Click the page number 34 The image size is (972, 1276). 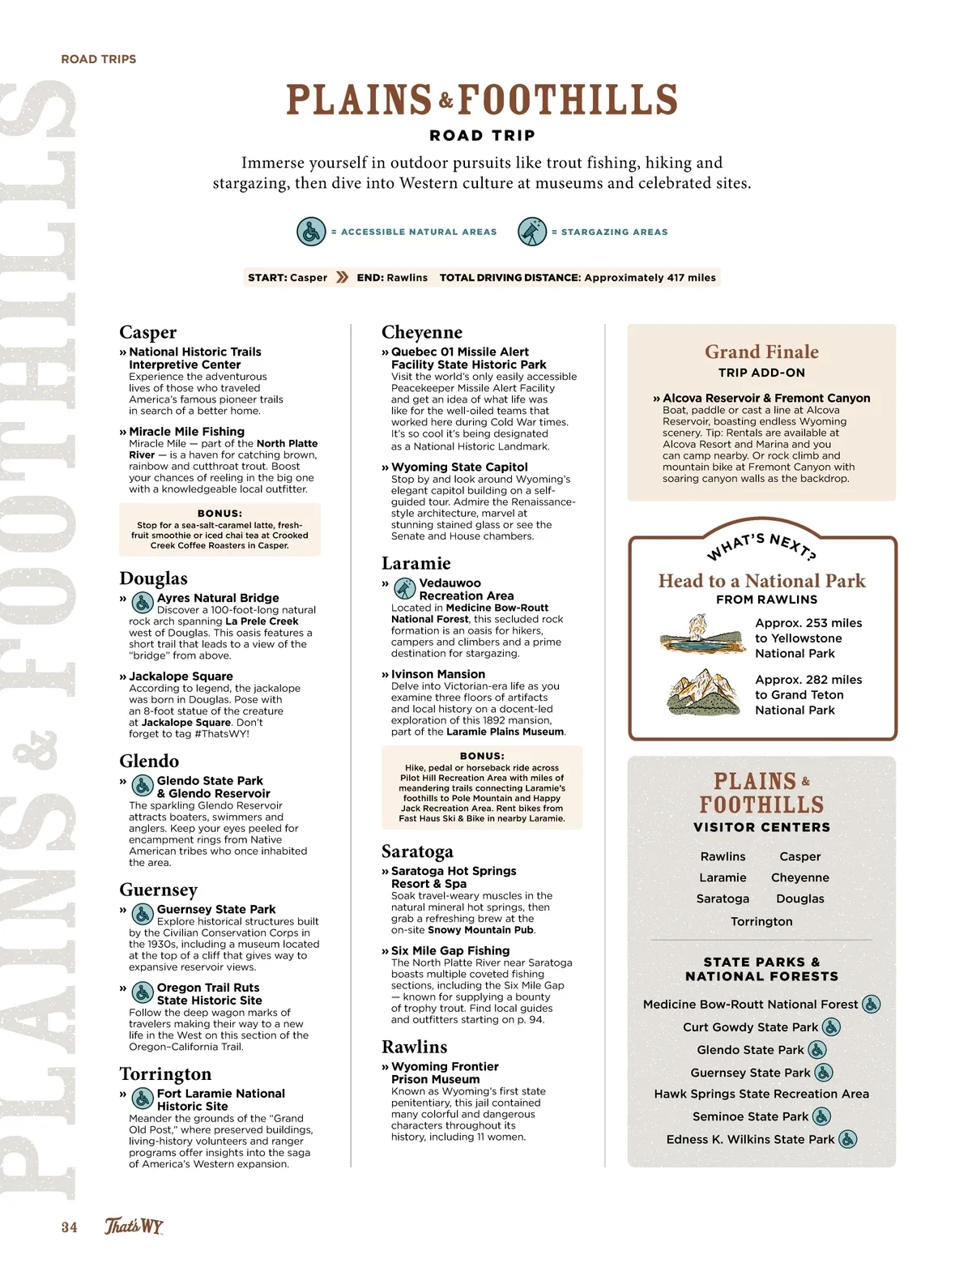(x=70, y=1227)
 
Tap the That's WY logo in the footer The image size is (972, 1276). (x=134, y=1226)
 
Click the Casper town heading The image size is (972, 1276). (x=147, y=332)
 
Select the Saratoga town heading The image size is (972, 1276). (x=417, y=851)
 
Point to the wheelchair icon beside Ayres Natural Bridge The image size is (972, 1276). (x=143, y=603)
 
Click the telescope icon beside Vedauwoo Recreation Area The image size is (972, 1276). (x=404, y=588)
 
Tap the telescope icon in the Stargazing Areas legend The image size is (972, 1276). (x=532, y=232)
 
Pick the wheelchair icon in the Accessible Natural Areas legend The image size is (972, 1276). (x=311, y=232)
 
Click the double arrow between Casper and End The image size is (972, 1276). (x=343, y=277)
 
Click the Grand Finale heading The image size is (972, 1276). (x=761, y=352)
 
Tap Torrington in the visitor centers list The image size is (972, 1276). (x=761, y=921)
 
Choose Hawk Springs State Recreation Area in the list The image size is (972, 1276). (x=761, y=1094)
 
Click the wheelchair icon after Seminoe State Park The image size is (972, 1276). (x=821, y=1116)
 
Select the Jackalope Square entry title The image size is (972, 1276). (x=181, y=676)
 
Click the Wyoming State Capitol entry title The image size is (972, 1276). (x=459, y=467)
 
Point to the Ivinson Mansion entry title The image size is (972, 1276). (x=438, y=674)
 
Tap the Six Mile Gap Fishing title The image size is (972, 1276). (x=450, y=951)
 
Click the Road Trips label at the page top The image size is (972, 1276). (x=99, y=59)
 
